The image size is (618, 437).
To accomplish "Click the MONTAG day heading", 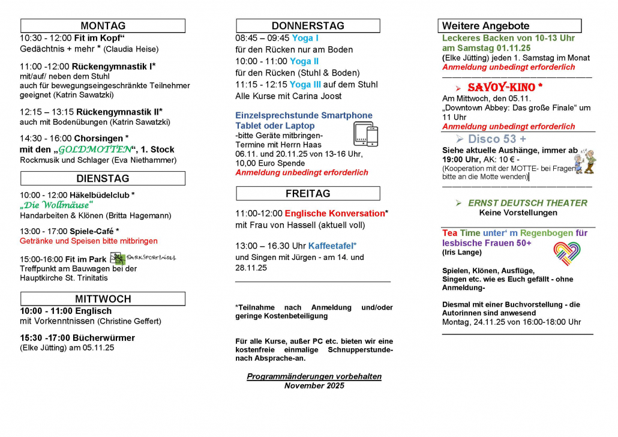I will pyautogui.click(x=103, y=26).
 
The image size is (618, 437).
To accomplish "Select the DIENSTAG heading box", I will pyautogui.click(x=103, y=178).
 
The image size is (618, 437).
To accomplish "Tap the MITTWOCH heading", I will pyautogui.click(x=103, y=299).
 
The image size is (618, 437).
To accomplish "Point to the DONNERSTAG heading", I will pyautogui.click(x=308, y=26).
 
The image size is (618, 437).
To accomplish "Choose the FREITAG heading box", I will pyautogui.click(x=308, y=193).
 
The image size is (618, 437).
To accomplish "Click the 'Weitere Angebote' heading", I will pyautogui.click(x=486, y=26).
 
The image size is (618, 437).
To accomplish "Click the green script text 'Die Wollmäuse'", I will pyautogui.click(x=57, y=205).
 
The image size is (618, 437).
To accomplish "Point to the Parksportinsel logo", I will pyautogui.click(x=143, y=258).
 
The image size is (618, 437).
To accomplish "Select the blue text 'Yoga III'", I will pyautogui.click(x=308, y=85).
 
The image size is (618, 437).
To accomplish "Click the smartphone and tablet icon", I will pyautogui.click(x=365, y=134).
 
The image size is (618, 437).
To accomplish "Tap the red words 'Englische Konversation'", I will pyautogui.click(x=335, y=213).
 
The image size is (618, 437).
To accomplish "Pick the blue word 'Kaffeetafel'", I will pyautogui.click(x=331, y=246).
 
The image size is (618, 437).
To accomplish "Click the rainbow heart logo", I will pyautogui.click(x=566, y=253).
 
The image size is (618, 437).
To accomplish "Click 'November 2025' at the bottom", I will pyautogui.click(x=314, y=386).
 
